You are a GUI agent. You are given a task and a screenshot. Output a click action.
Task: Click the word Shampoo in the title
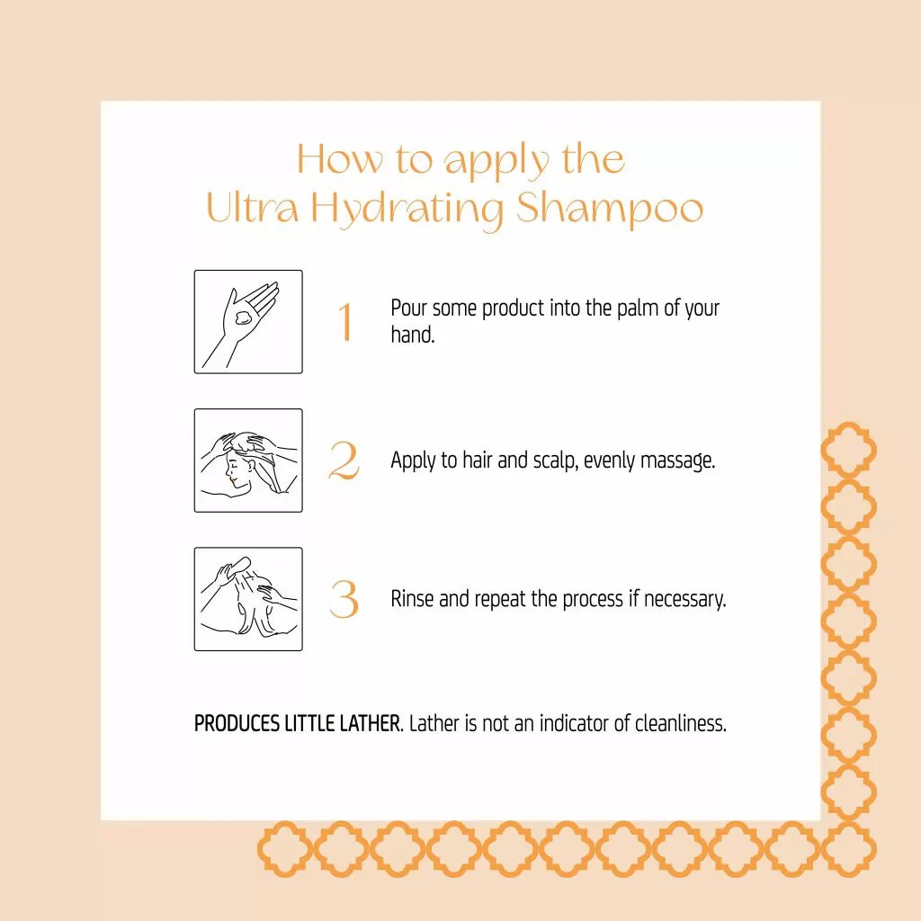[610, 209]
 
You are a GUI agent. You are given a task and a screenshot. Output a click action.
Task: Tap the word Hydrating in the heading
[407, 210]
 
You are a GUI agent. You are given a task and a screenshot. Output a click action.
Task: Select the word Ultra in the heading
[253, 208]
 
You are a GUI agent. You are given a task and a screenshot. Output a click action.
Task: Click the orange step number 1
[345, 321]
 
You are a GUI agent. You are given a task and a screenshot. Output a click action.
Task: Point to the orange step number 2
[344, 460]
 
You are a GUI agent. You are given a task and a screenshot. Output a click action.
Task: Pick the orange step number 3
[344, 599]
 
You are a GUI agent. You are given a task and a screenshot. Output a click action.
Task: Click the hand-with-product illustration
[248, 322]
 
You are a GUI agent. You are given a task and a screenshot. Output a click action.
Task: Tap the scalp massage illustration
[248, 460]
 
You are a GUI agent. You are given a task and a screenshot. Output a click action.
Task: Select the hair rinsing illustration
[248, 599]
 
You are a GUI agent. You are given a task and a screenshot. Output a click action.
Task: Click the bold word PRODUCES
[237, 724]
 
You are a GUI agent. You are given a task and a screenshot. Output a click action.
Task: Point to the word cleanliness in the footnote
[681, 724]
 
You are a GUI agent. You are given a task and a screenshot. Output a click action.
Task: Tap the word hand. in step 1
[413, 335]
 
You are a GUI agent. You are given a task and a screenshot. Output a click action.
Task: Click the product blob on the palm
[242, 318]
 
